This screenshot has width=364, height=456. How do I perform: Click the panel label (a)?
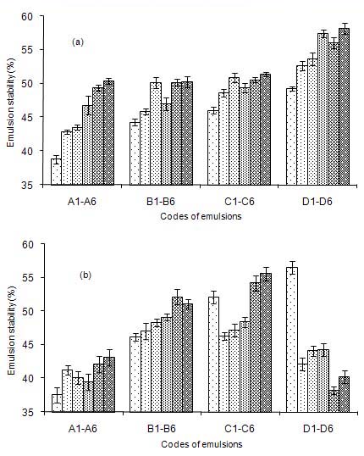78,42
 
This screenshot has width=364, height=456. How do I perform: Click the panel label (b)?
85,275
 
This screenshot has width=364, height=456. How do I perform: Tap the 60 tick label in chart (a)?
28,16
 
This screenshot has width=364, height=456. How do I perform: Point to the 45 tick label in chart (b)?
28,345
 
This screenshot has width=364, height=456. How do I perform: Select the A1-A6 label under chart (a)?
81,202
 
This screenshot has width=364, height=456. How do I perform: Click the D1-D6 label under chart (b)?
317,429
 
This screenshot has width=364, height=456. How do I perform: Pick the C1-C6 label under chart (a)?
240,202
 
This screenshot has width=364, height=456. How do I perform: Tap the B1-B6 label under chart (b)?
161,429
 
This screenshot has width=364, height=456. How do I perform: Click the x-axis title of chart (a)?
201,216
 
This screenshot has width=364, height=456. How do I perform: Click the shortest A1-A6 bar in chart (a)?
57,171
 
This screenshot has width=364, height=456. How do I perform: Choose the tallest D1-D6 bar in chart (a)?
345,107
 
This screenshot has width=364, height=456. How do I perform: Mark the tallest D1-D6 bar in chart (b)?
292,339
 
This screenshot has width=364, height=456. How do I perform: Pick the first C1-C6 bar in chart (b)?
213,354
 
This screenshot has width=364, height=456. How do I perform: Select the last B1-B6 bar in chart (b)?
188,358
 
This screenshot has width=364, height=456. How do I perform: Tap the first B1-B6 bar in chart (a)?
135,153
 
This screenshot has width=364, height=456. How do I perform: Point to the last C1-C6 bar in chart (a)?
266,130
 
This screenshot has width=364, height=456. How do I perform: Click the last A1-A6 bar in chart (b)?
109,385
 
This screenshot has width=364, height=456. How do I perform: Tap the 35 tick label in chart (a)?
28,185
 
